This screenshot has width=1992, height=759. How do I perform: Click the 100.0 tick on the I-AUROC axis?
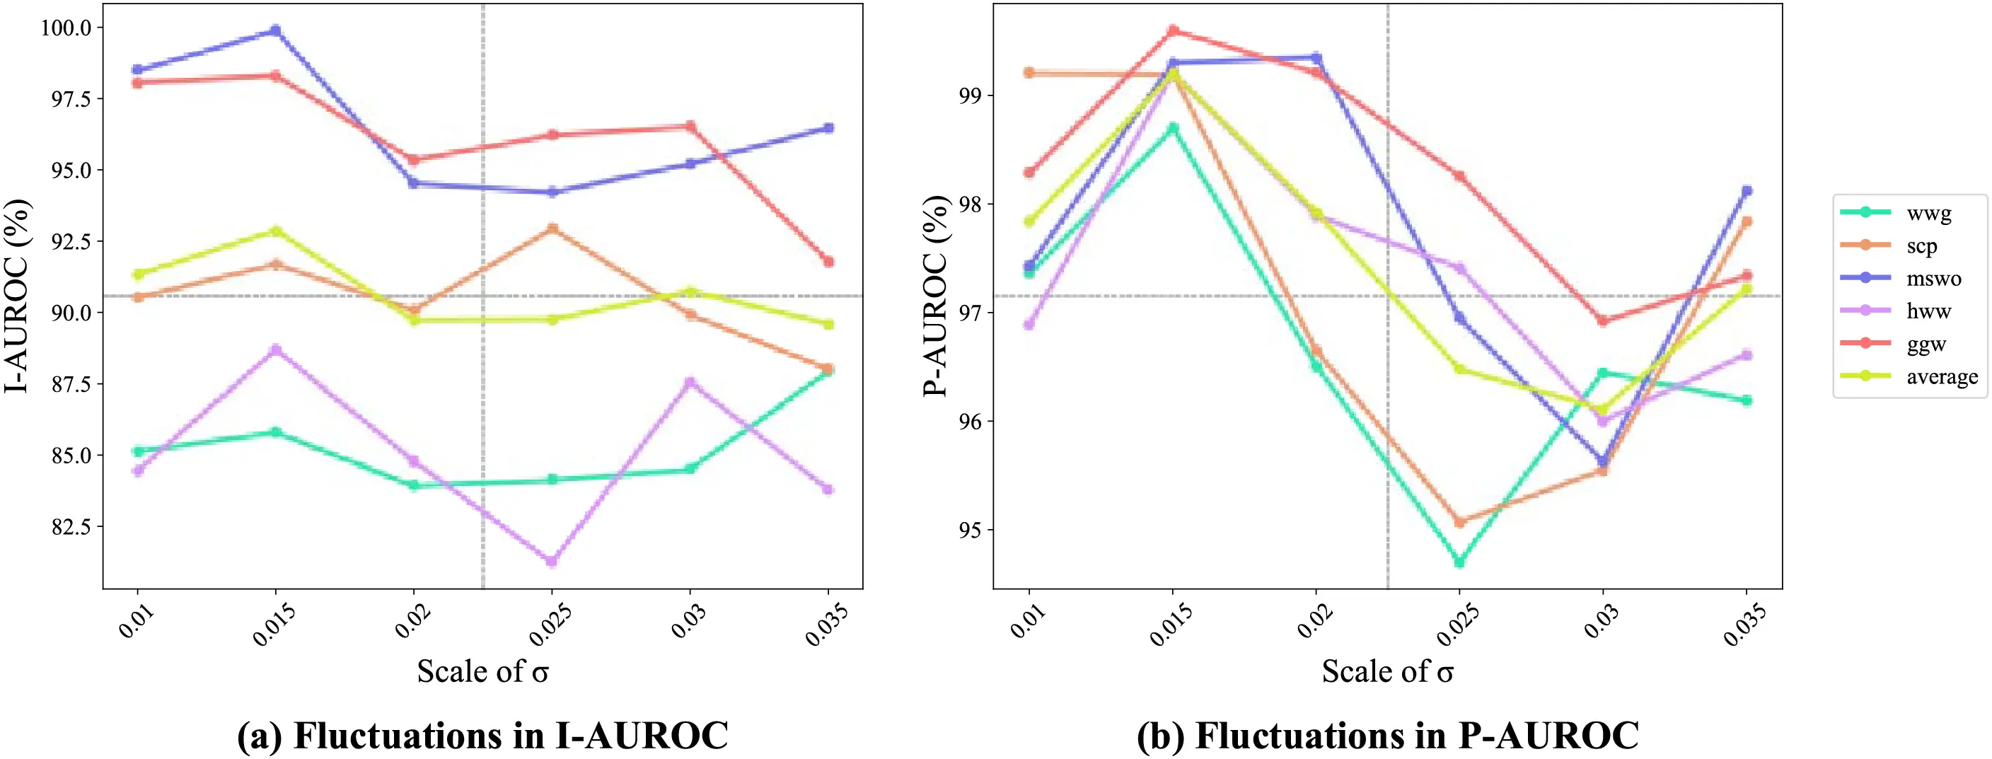(x=66, y=28)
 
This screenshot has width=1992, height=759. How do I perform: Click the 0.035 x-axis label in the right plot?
(x=1744, y=625)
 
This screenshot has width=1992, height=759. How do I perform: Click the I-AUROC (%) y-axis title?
(x=17, y=296)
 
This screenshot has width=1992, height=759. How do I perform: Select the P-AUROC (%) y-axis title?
(x=936, y=296)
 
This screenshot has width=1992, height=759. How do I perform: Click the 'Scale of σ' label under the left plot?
(x=482, y=671)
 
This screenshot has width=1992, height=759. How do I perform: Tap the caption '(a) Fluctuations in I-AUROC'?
(x=482, y=734)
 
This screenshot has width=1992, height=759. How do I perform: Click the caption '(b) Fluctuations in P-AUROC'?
(x=1387, y=734)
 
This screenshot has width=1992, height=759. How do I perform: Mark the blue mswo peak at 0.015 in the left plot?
(x=275, y=31)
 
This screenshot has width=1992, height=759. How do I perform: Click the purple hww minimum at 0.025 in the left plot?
(x=551, y=561)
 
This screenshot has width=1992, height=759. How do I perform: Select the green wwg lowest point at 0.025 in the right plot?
(x=1459, y=562)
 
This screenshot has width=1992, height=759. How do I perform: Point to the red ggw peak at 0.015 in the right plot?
(x=1173, y=31)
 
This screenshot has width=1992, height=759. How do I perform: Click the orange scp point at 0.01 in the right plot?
(x=1029, y=73)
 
